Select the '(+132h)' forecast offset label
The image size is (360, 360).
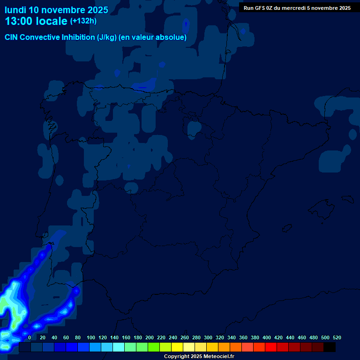[x=83, y=21]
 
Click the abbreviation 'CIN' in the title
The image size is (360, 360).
[x=11, y=37]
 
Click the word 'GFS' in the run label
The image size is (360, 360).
[x=261, y=8]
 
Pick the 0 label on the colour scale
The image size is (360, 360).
[x=30, y=337]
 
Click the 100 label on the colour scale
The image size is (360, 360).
[x=91, y=337]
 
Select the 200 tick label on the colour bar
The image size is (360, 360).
[x=150, y=337]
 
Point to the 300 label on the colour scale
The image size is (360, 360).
[x=208, y=337]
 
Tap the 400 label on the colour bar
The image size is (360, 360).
[x=267, y=337]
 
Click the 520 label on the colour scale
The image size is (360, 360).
[x=337, y=337]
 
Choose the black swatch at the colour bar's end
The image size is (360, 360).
[x=330, y=347]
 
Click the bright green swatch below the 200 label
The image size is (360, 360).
[x=154, y=347]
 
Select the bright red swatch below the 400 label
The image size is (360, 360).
[x=271, y=347]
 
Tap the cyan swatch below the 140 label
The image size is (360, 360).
[x=119, y=347]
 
